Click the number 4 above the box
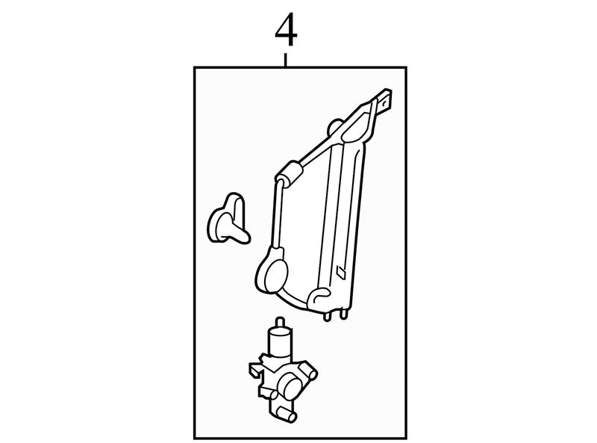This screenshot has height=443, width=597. click(286, 30)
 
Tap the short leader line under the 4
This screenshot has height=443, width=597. click(286, 61)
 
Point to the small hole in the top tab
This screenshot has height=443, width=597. click(386, 102)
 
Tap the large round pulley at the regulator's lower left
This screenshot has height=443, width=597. click(271, 270)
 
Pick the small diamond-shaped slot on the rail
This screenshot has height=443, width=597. click(340, 271)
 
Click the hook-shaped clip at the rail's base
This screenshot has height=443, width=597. click(320, 296)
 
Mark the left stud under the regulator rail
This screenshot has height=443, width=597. click(327, 316)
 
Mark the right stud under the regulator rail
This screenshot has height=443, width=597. click(343, 314)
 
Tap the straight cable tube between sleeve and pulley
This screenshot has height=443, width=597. click(277, 214)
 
